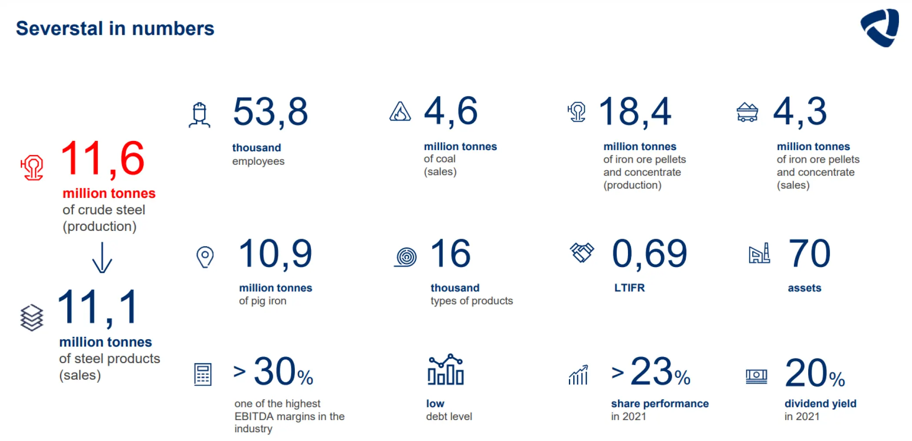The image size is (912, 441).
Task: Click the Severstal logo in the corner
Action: coord(879,27)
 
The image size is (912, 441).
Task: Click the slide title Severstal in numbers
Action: coord(115,29)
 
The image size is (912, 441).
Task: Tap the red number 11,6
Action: coord(102,159)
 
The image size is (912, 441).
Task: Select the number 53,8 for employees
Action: coord(270,112)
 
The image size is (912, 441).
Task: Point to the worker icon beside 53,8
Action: coord(199,115)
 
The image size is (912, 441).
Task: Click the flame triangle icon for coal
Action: coord(400,111)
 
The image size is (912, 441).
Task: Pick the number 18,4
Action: coord(635,112)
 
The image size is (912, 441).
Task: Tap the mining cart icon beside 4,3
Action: coord(747,112)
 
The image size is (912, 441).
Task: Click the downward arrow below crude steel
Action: coord(102,257)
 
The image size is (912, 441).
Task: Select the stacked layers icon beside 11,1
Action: coord(32,317)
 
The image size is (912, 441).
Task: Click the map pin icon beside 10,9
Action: coord(205,257)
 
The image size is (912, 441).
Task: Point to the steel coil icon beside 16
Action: coord(406,257)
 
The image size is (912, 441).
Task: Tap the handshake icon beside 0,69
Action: coord(582,252)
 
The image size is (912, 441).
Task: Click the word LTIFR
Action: coord(629,287)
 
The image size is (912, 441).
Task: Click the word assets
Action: coord(804,288)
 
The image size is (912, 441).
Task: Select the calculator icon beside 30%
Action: coord(203,374)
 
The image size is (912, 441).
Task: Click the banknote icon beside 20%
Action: coord(756,376)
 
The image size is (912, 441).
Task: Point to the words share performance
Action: coord(660,404)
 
